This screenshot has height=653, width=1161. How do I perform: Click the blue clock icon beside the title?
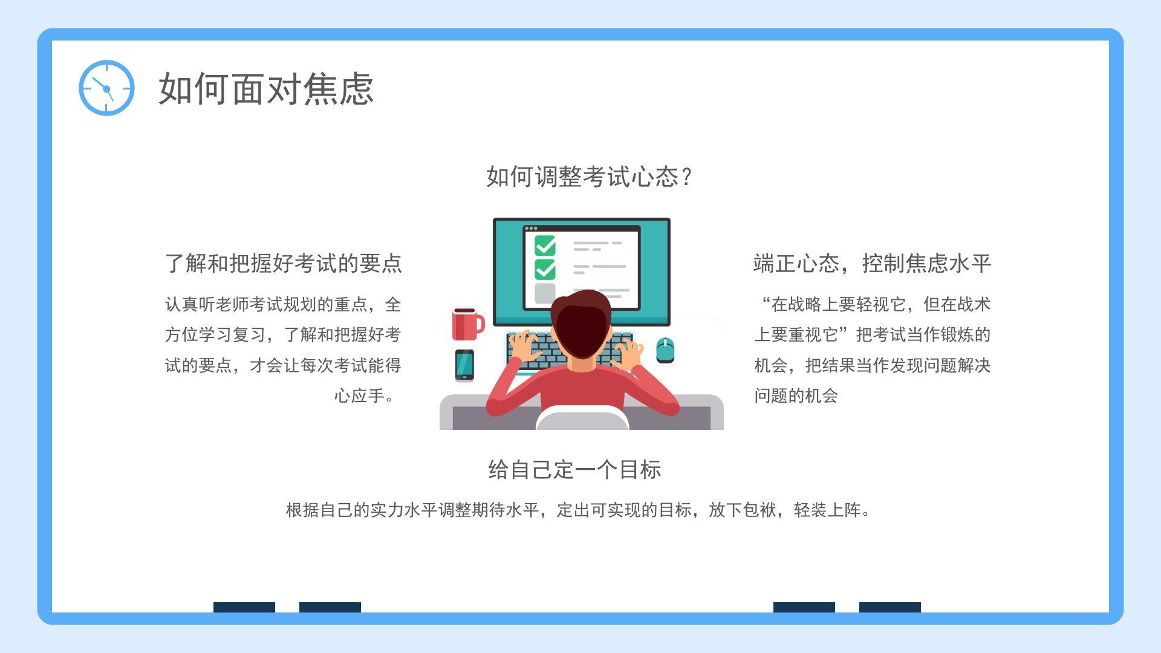(x=106, y=88)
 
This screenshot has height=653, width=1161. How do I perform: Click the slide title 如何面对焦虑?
(x=266, y=89)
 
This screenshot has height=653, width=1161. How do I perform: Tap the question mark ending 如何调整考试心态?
(x=686, y=177)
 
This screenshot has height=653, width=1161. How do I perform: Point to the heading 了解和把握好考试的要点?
(x=284, y=264)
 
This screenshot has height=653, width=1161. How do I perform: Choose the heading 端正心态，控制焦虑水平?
(x=872, y=264)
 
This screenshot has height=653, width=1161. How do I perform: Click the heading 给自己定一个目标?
(x=574, y=469)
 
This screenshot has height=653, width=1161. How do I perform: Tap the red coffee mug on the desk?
(x=467, y=324)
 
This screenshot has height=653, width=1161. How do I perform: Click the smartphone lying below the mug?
(x=464, y=365)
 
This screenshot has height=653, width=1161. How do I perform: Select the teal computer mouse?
(x=665, y=350)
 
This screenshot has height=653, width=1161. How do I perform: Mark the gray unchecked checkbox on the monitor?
(x=545, y=293)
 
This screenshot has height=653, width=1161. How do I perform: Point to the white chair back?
(x=582, y=418)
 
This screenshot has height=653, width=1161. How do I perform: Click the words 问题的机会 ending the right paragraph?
(x=796, y=396)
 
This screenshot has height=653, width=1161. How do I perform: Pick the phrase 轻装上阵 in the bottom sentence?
(x=827, y=510)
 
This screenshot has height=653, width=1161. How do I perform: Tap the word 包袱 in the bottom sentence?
(x=759, y=510)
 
